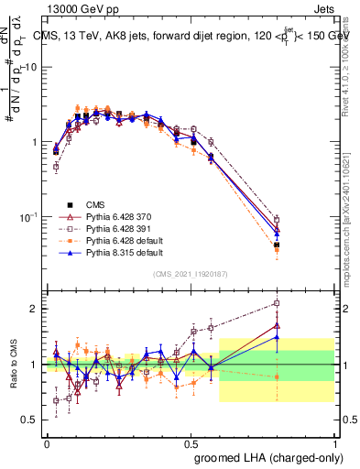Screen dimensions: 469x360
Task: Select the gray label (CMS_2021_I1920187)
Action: point(191,274)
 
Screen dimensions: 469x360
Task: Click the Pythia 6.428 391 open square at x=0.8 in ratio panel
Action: point(278,302)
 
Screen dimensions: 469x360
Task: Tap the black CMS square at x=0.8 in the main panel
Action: point(278,245)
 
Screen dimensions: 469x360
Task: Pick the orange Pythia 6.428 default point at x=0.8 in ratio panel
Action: point(278,376)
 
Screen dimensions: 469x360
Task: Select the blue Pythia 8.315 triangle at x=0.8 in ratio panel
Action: point(278,336)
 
